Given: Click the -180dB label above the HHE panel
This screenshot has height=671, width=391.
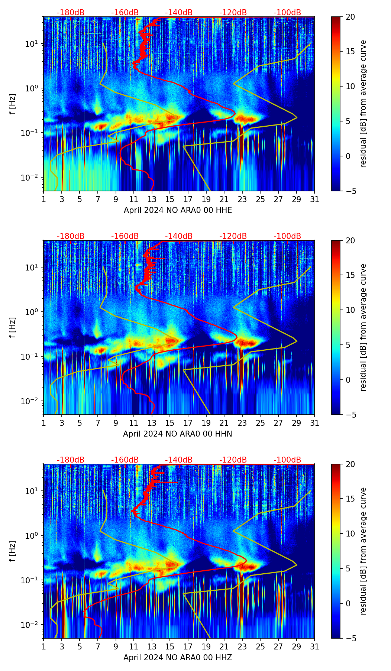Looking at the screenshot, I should [71, 13].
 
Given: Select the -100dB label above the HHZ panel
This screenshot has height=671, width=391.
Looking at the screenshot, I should [287, 460].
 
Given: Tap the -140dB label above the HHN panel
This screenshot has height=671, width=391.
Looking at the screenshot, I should [179, 236].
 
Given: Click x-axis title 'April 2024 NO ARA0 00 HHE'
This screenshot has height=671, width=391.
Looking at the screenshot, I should [178, 210].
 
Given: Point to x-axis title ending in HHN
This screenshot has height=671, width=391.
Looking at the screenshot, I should [178, 434].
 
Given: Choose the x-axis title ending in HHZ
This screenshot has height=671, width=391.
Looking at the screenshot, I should [178, 658].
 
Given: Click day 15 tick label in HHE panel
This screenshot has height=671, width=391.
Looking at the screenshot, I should [169, 200].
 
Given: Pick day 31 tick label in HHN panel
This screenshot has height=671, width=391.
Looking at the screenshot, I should [314, 423].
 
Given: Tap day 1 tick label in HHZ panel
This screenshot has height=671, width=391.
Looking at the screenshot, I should [44, 647].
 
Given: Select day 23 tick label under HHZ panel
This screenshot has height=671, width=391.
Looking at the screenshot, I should [242, 647].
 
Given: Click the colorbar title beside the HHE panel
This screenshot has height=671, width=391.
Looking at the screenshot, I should [363, 104].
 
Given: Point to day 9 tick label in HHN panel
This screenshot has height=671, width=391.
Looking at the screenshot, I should [116, 423].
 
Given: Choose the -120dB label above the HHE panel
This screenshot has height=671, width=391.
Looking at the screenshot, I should [233, 13].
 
